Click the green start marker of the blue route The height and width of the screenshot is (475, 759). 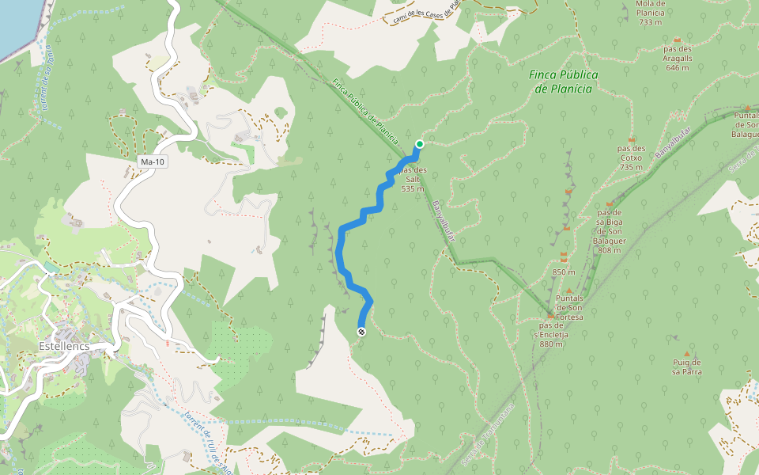(419, 144)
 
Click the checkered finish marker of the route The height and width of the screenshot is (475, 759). (361, 332)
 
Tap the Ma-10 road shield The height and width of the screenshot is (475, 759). (152, 162)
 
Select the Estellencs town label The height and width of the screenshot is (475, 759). (62, 346)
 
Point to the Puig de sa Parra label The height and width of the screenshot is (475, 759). (686, 367)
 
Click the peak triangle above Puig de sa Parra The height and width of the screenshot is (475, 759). (686, 353)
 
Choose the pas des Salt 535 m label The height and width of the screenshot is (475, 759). (413, 179)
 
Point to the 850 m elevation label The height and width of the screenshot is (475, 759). (564, 272)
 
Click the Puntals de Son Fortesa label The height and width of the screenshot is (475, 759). (568, 307)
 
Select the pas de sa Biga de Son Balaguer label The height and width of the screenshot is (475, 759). (609, 231)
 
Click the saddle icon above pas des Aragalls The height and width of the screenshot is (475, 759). (678, 40)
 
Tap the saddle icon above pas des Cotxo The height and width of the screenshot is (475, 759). (631, 139)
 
